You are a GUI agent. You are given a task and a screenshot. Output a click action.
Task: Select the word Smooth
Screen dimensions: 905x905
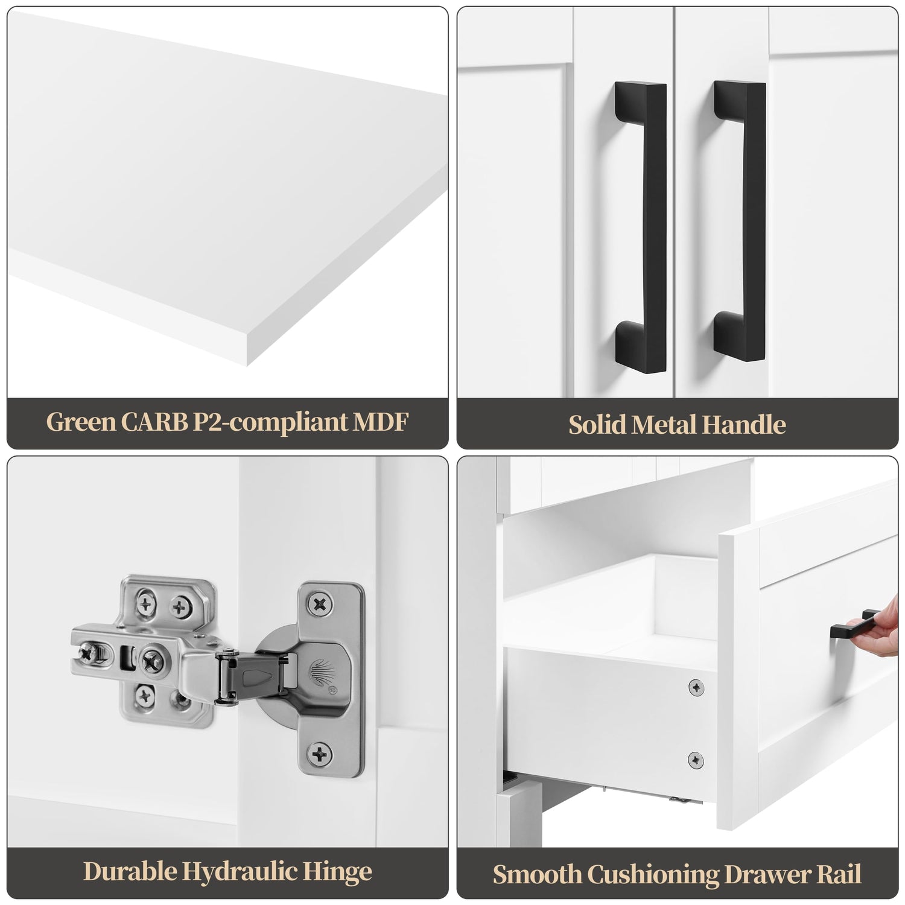click(537, 874)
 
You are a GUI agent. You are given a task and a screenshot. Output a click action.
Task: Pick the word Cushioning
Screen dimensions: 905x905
click(653, 875)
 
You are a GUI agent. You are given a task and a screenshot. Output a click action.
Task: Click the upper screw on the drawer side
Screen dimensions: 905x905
click(696, 687)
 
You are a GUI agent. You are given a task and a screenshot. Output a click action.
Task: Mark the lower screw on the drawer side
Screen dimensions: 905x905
click(696, 760)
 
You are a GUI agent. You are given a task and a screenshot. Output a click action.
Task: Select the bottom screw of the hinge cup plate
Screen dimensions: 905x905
click(320, 752)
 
